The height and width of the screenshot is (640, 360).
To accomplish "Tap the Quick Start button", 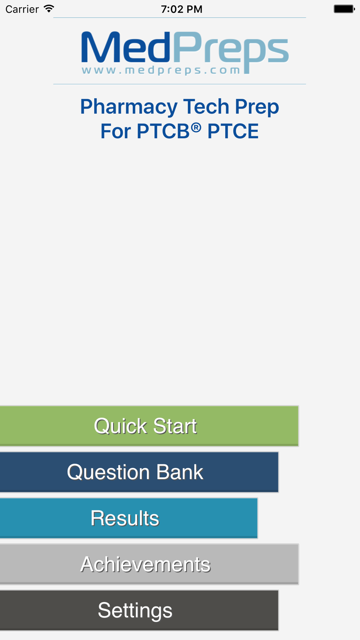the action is click(x=149, y=426).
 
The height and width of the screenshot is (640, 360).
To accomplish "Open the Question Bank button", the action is click(x=139, y=472).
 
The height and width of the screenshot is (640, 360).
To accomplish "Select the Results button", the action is click(x=129, y=518).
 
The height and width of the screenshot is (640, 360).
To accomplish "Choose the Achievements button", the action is click(x=149, y=564).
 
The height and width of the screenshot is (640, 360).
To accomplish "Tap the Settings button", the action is click(x=139, y=610).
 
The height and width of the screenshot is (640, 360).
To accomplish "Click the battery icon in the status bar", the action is click(x=344, y=9).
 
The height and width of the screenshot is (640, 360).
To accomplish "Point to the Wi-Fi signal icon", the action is click(x=49, y=9).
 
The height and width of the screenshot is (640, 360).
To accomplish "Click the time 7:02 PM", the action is click(x=182, y=9).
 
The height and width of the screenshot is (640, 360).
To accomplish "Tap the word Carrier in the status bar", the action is click(x=22, y=9).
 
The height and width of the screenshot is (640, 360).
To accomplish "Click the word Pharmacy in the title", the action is click(x=129, y=107).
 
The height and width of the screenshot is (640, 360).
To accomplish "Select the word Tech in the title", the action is click(x=206, y=107).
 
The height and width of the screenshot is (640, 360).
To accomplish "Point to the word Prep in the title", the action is click(x=257, y=107).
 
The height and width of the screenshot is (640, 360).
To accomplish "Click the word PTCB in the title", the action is click(x=163, y=131).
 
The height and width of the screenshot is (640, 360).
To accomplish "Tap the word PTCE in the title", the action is click(x=233, y=131).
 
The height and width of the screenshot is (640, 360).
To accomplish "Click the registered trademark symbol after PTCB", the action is click(x=196, y=127).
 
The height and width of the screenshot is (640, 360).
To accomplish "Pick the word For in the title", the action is click(x=116, y=131).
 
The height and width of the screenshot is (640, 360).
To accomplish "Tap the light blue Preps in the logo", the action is click(x=231, y=53).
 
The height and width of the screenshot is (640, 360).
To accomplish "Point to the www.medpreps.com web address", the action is click(x=161, y=70).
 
